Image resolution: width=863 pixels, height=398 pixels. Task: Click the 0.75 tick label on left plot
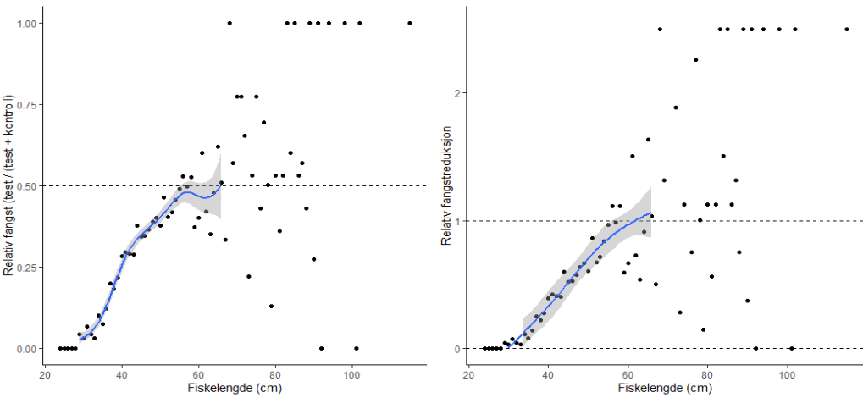click(x=25, y=104)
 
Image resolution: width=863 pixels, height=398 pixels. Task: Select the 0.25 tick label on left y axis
click(x=25, y=267)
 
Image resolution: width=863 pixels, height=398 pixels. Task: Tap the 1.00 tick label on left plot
click(x=25, y=23)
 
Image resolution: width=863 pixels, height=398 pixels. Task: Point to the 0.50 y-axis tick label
click(x=25, y=185)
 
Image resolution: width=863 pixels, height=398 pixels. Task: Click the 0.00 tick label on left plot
click(x=25, y=348)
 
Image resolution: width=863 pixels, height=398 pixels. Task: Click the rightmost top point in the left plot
click(x=410, y=23)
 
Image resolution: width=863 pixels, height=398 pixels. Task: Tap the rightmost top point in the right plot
click(x=846, y=29)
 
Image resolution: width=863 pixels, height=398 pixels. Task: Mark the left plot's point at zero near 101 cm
click(x=356, y=348)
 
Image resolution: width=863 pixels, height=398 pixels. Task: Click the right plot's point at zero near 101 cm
click(x=791, y=348)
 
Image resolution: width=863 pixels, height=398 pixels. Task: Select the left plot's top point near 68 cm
click(x=230, y=23)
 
